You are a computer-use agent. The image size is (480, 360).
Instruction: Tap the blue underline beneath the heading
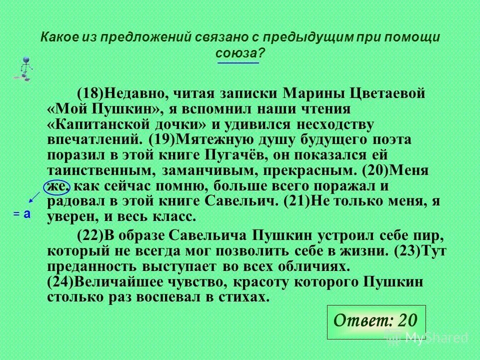pyautogui.click(x=238, y=64)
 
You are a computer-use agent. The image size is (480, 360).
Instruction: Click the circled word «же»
pyautogui.click(x=57, y=186)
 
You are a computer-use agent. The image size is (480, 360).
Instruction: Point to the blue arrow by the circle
pyautogui.click(x=34, y=195)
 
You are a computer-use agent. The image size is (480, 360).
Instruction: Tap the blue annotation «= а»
pyautogui.click(x=22, y=213)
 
